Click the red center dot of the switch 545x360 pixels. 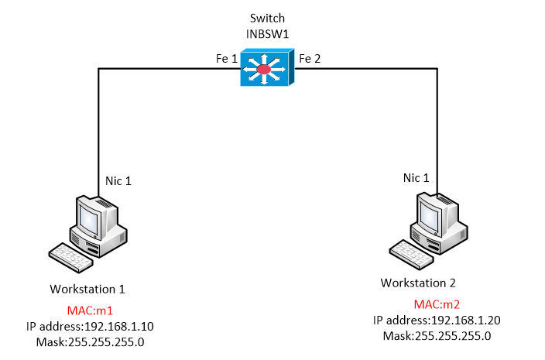point(264,70)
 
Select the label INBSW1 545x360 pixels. point(266,33)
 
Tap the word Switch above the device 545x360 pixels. point(266,17)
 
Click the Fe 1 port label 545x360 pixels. point(226,58)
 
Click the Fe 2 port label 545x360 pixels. point(310,58)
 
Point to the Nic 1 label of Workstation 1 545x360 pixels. point(118,181)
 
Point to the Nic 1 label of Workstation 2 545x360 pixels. point(416,178)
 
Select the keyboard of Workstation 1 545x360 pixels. point(71,255)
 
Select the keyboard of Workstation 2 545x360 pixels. point(410,251)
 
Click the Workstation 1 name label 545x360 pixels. point(87,289)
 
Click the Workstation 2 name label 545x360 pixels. point(423,283)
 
